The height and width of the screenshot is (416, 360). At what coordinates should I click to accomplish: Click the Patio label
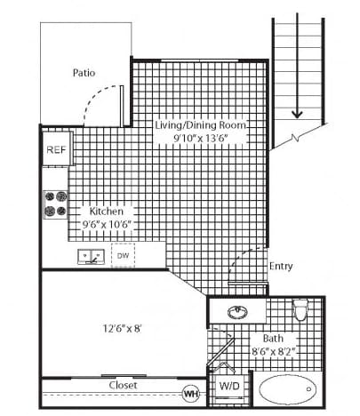point(84,73)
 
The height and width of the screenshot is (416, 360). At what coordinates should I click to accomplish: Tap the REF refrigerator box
point(57,148)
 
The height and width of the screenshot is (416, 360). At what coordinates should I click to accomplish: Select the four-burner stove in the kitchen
point(56,204)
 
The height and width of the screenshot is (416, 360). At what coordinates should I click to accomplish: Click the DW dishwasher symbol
point(123,255)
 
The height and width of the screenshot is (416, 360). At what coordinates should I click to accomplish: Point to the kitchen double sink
point(91,257)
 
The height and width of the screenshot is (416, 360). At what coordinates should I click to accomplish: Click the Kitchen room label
point(107,212)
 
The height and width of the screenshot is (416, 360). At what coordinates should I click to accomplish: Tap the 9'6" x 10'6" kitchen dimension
point(107,224)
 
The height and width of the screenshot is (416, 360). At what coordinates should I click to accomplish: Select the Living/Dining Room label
point(201,125)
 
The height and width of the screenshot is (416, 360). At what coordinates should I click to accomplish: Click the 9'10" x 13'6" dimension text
point(201,138)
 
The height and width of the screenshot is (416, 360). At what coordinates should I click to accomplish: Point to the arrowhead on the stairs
point(297,114)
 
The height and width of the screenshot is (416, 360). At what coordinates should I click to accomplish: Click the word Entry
point(281,266)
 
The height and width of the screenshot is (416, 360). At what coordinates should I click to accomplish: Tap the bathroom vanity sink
point(237,312)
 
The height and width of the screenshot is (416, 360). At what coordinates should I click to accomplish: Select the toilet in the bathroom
point(300,309)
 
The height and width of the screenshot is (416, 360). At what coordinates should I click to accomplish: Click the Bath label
point(273,339)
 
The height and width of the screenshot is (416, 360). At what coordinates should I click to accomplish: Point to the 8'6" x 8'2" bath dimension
point(274,352)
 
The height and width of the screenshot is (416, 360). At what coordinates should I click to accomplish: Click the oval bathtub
point(287,389)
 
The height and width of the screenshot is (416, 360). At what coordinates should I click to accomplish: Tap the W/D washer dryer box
point(229,386)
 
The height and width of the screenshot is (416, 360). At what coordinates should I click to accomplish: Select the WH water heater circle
point(191,394)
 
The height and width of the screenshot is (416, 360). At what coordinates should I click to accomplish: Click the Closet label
point(123,385)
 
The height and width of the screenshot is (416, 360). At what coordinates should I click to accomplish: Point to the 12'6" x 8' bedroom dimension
point(122,328)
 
